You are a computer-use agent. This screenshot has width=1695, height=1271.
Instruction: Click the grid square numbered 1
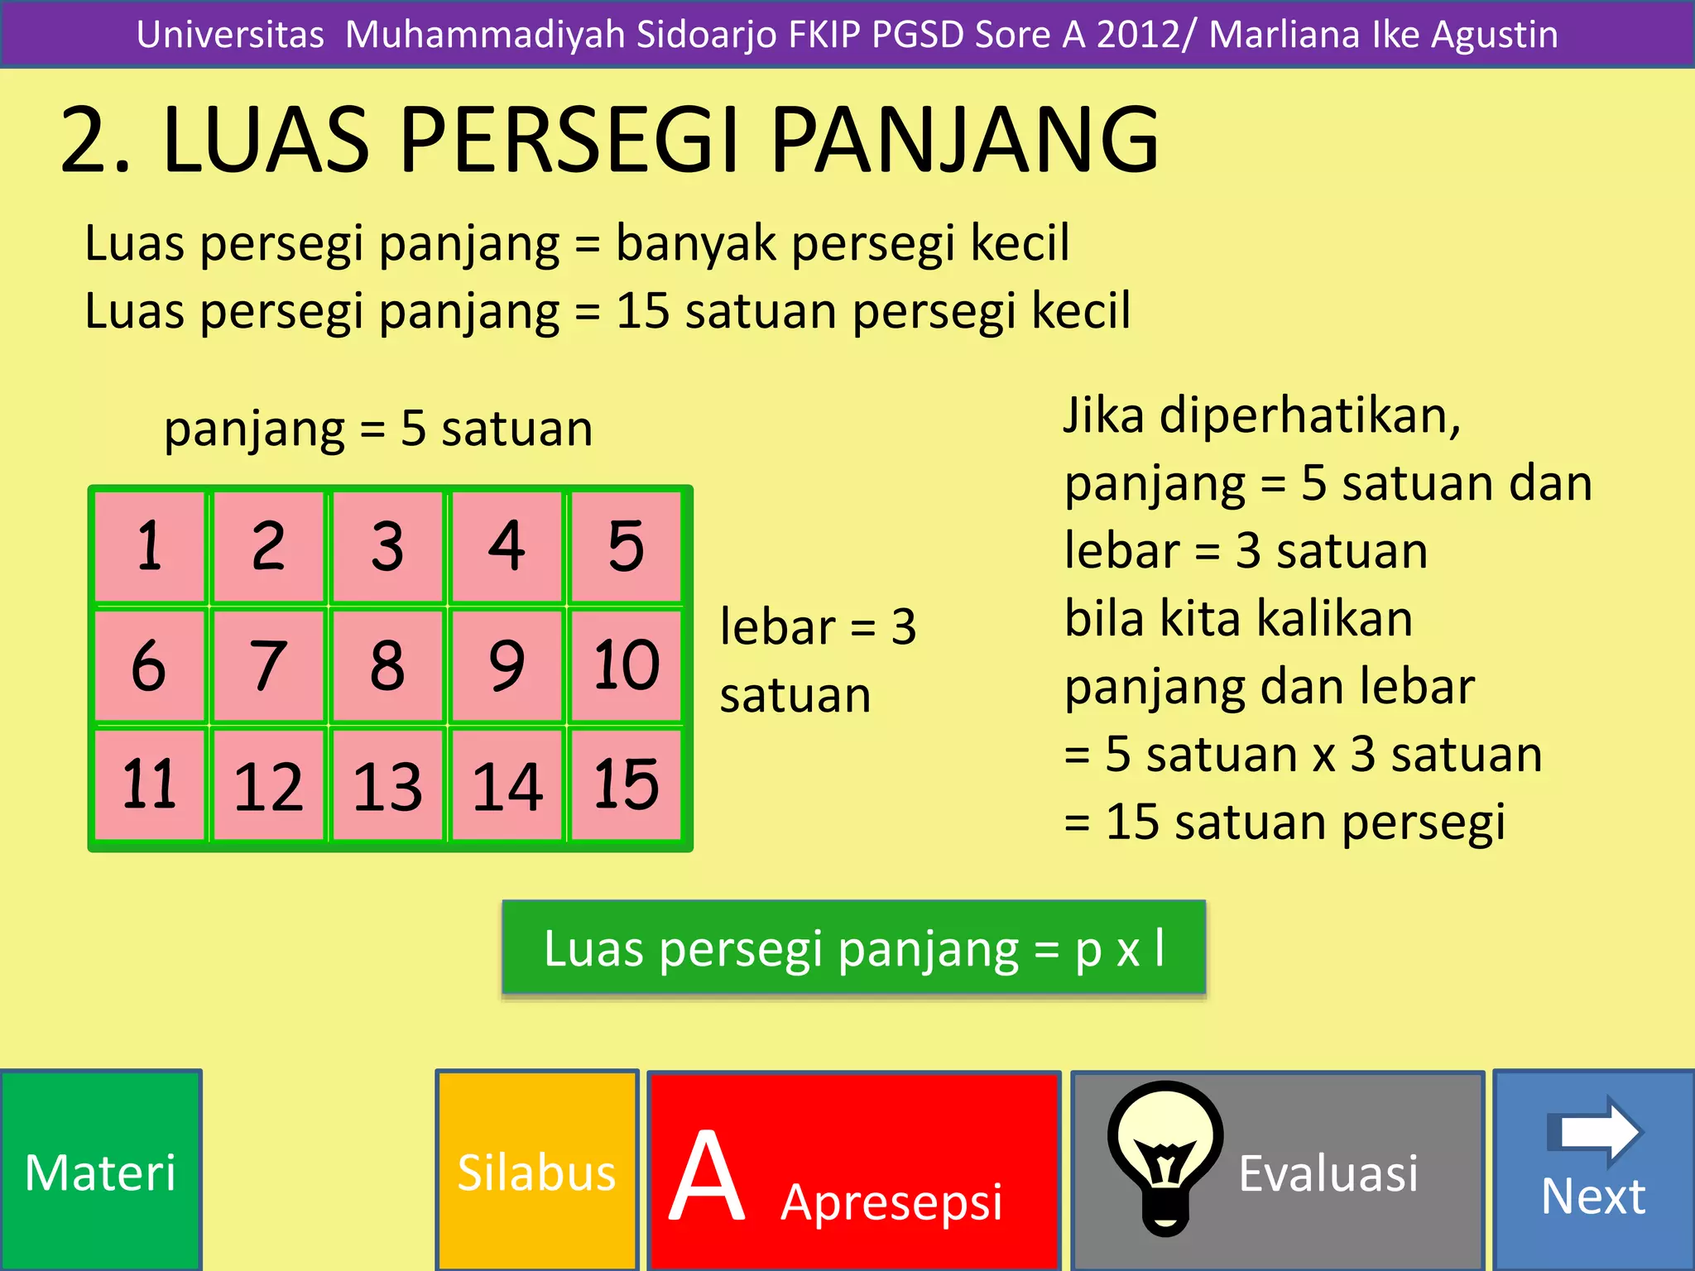pyautogui.click(x=150, y=546)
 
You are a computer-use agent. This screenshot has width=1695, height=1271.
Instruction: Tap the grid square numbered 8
pyautogui.click(x=387, y=665)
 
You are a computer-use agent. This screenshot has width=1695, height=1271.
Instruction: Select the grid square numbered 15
pyautogui.click(x=626, y=784)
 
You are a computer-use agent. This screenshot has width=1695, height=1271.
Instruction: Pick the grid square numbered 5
pyautogui.click(x=626, y=546)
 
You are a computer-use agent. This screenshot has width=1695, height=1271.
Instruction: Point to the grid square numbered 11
pyautogui.click(x=150, y=784)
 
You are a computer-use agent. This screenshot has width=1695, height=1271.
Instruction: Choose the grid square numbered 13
pyautogui.click(x=387, y=784)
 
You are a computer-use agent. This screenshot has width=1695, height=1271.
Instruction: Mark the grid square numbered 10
pyautogui.click(x=626, y=665)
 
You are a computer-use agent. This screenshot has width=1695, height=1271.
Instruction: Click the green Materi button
pyautogui.click(x=101, y=1170)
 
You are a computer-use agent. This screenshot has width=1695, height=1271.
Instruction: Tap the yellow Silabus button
pyautogui.click(x=537, y=1170)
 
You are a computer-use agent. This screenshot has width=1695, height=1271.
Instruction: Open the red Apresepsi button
pyautogui.click(x=854, y=1170)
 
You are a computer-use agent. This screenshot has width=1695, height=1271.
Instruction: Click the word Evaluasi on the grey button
pyautogui.click(x=1328, y=1173)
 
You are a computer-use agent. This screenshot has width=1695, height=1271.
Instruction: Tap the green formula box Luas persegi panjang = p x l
pyautogui.click(x=854, y=947)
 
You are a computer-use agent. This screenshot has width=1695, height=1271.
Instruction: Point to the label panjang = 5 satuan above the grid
pyautogui.click(x=378, y=429)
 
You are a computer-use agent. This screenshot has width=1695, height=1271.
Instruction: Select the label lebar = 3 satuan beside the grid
pyautogui.click(x=818, y=659)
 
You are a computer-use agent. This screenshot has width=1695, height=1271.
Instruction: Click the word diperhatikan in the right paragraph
pyautogui.click(x=1309, y=415)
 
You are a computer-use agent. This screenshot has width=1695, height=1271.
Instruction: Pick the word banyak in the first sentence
pyautogui.click(x=695, y=244)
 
